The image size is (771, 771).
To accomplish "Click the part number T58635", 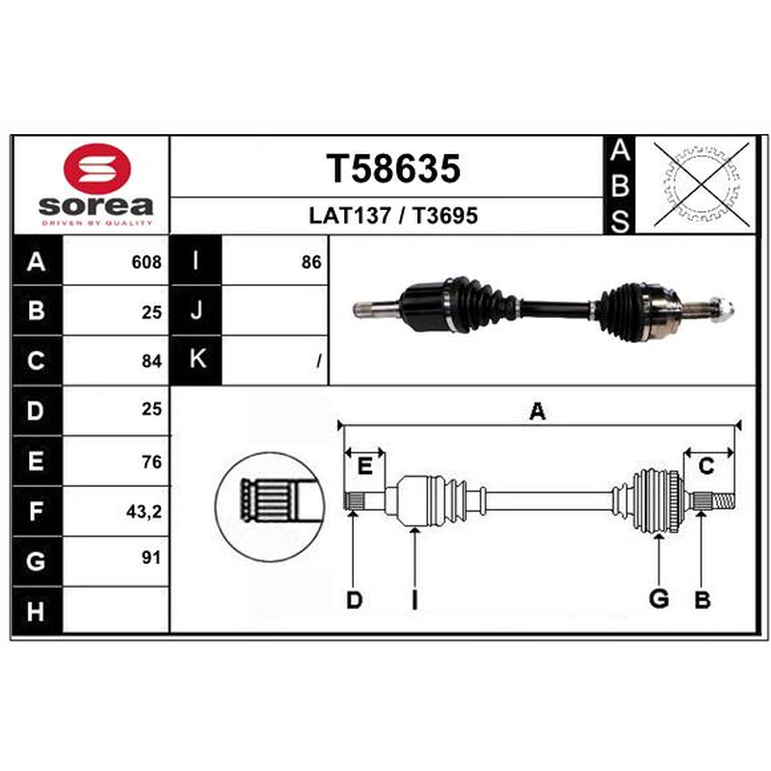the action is (393, 169).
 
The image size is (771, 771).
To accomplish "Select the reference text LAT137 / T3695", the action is (393, 216).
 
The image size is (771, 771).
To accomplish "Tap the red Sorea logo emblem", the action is (97, 169).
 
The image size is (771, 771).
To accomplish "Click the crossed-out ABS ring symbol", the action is (702, 184).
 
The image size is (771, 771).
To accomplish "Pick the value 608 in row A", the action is (146, 262).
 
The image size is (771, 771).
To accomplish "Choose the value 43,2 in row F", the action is (144, 512).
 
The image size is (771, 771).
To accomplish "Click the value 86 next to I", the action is (311, 262).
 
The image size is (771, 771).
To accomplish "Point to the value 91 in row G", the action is (151, 558).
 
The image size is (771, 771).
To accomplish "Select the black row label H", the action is (37, 611).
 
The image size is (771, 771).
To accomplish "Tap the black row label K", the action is (197, 359).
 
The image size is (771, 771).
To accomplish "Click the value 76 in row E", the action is (151, 462).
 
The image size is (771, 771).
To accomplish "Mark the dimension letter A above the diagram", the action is (538, 412).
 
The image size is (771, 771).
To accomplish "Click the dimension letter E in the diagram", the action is (364, 465).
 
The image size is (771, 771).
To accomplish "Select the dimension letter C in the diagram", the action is (706, 465).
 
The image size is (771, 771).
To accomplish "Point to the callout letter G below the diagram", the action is (659, 598).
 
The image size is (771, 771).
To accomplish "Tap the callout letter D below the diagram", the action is (354, 599).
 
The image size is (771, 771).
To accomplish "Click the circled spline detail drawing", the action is (270, 507).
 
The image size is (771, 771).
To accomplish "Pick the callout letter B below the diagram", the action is (703, 599).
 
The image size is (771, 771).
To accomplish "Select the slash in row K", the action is (319, 361).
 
